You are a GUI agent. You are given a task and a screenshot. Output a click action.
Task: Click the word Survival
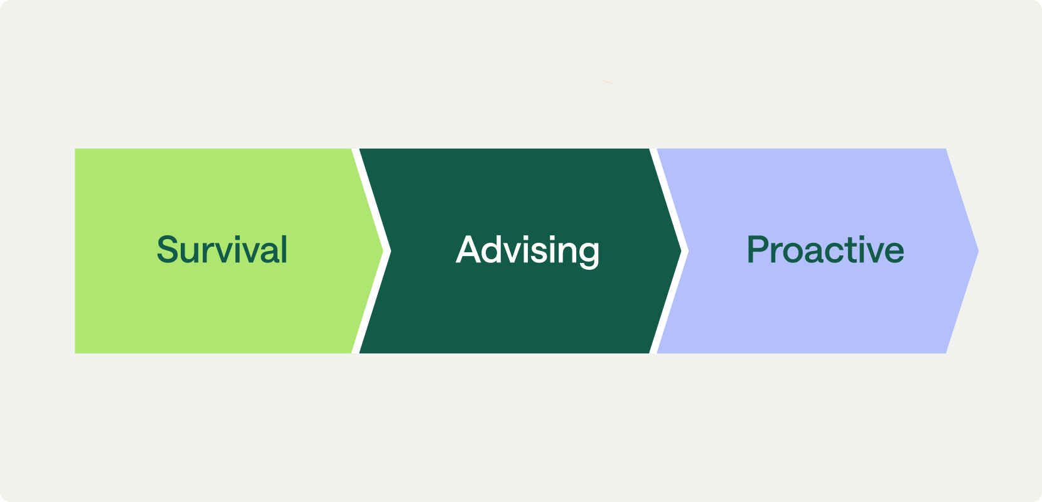222,250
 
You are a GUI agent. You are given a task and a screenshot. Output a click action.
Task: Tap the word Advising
527,250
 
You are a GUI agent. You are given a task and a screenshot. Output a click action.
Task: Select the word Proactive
825,250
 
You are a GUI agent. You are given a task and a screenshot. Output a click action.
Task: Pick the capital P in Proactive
758,250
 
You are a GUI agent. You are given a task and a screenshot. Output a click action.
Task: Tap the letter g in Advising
588,253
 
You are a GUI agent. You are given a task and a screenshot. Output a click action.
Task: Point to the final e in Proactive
893,252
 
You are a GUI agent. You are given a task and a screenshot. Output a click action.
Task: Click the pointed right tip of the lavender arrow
977,251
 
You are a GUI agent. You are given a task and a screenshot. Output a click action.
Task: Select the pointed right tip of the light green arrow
382,251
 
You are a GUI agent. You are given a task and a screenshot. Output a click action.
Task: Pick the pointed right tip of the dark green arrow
680,251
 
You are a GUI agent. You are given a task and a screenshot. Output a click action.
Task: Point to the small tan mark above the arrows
608,82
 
